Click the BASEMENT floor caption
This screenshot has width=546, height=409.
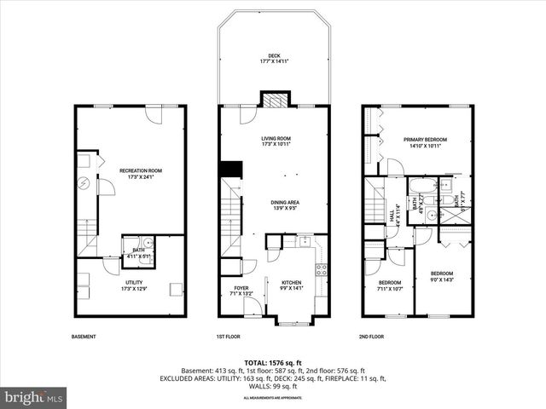[x=84, y=337]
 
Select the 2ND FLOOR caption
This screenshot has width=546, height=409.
[x=371, y=337]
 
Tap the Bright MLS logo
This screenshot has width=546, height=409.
[x=34, y=396]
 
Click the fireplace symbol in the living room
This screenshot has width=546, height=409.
[x=273, y=100]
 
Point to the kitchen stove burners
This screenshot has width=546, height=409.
[x=321, y=271]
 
